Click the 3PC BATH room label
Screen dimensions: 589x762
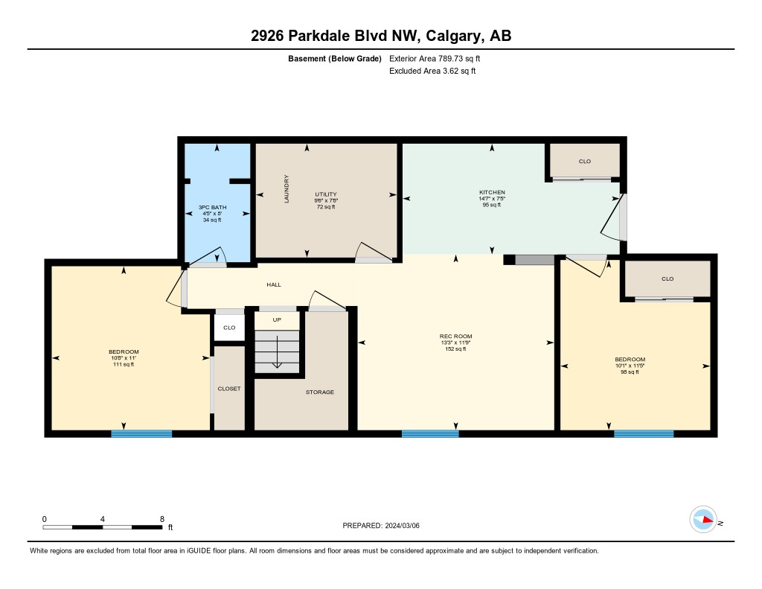pos(212,206)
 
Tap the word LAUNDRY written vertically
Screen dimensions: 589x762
pos(286,190)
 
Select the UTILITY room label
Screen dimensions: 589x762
pos(326,194)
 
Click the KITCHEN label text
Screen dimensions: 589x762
pos(492,193)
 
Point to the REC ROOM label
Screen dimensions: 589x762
pos(455,337)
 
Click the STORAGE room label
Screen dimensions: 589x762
pos(319,392)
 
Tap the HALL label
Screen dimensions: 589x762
pos(274,284)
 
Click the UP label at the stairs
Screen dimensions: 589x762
pos(277,320)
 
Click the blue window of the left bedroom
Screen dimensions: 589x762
pos(141,433)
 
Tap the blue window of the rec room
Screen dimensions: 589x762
pos(430,433)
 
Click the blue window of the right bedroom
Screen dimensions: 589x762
pos(644,433)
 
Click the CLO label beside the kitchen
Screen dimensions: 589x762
pos(584,161)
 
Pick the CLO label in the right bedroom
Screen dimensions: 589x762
pos(667,278)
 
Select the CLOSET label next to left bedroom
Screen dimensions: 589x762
pos(229,389)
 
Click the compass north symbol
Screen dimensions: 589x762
pos(703,520)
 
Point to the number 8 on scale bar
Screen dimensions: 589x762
pos(161,518)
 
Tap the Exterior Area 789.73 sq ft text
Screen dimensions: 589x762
pos(440,58)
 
